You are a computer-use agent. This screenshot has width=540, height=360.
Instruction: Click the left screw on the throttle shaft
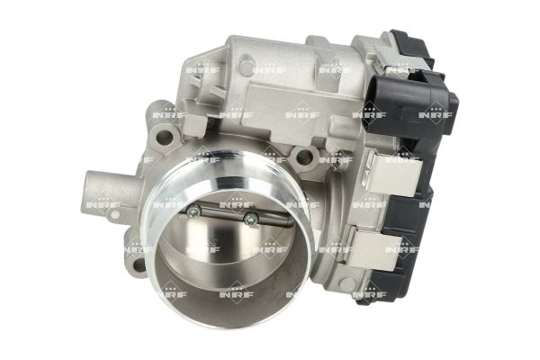(x=192, y=211)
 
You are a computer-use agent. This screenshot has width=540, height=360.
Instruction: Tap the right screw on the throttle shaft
(x=250, y=217)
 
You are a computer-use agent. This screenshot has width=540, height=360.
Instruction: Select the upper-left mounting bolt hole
(x=162, y=138)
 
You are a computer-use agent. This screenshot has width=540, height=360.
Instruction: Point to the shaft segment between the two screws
(x=220, y=213)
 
